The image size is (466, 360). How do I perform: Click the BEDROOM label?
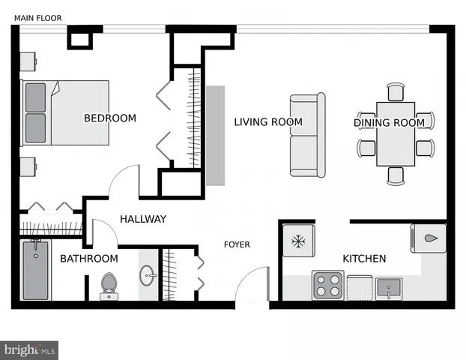109,118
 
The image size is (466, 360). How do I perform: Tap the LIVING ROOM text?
267,122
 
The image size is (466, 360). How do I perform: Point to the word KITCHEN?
364,259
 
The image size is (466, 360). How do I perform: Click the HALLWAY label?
143,219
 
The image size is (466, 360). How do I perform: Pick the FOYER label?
237,244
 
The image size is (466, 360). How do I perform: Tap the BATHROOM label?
89,259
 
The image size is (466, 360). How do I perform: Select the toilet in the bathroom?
109,284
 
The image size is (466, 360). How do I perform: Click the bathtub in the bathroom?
35,269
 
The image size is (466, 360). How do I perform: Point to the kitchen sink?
389,286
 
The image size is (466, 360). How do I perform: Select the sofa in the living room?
308,135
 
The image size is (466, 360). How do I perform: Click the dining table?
396,134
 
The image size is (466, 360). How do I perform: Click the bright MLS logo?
30,349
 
